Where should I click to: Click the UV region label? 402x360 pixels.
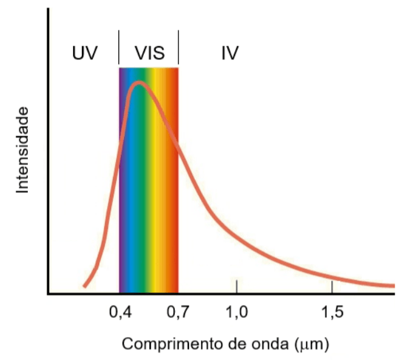85,53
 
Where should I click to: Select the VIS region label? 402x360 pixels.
150,53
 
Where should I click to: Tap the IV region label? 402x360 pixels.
230,53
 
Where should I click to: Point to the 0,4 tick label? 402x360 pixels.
120,312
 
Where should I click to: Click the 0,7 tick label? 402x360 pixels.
178,312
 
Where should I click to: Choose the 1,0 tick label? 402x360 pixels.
236,312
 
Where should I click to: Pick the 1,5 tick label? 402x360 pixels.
332,312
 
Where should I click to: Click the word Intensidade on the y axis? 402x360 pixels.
22,150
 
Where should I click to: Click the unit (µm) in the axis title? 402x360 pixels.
311,344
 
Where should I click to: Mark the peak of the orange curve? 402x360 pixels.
139,83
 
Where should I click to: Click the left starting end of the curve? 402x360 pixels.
84,286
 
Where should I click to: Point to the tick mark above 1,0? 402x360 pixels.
236,286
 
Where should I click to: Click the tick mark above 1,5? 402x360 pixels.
332,287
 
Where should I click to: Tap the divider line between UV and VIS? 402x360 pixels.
118,47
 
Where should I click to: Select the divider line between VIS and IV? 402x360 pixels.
179,47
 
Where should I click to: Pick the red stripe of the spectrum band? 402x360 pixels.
175,179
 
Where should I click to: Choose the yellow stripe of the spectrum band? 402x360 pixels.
154,179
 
